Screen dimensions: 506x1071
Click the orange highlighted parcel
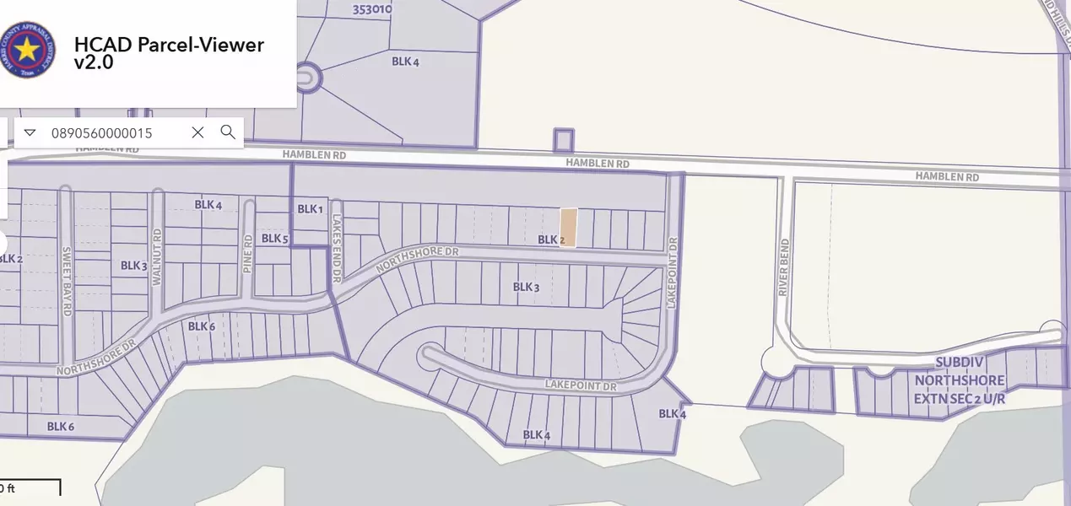[x=570, y=228]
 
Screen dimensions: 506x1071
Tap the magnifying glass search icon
[x=228, y=132]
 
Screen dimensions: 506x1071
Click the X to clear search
[x=197, y=132]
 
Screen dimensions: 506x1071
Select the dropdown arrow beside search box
[x=30, y=132]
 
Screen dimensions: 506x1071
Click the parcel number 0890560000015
[x=102, y=133]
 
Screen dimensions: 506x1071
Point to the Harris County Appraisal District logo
[x=29, y=50]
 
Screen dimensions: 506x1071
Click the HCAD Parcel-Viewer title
[x=169, y=53]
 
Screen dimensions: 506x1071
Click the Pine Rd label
[x=248, y=250]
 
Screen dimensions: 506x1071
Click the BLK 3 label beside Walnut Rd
[x=134, y=266]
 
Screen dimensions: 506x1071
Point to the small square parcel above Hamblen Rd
[x=563, y=140]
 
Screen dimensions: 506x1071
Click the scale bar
[x=30, y=487]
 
